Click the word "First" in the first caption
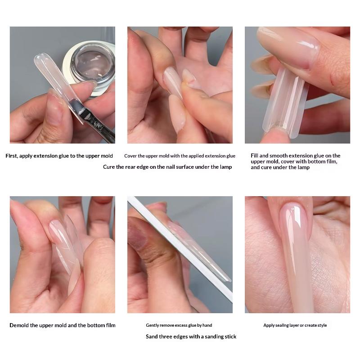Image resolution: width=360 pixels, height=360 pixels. (11, 156)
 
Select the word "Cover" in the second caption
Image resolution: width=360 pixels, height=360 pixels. (130, 156)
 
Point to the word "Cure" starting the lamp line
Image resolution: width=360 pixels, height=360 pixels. (108, 167)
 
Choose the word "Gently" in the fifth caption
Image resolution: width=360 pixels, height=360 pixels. (152, 325)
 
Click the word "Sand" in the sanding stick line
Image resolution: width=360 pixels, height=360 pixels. (152, 337)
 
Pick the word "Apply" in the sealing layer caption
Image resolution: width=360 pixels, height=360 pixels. (269, 325)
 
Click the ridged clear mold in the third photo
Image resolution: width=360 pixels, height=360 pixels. (285, 101)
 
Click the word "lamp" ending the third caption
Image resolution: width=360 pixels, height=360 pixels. (303, 167)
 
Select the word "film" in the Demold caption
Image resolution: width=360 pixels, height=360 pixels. (110, 325)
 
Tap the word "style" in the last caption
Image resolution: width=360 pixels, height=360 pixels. (322, 325)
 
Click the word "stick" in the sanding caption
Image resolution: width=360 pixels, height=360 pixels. (230, 337)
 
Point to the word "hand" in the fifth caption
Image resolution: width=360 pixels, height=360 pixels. (207, 325)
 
